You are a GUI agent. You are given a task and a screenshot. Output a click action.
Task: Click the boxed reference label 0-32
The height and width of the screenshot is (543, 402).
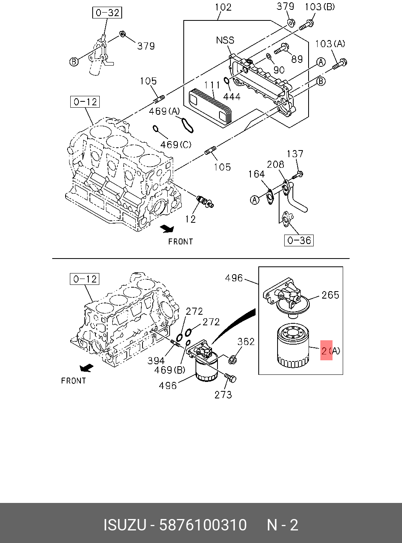point(107,13)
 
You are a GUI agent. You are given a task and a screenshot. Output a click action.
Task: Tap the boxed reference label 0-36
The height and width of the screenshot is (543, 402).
point(299,240)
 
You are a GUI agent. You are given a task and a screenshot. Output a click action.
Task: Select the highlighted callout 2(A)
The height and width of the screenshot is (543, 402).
point(331,351)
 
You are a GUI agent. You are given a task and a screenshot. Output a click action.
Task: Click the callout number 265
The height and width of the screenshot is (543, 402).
point(330,295)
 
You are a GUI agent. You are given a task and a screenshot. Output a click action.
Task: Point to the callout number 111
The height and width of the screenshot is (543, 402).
point(212,85)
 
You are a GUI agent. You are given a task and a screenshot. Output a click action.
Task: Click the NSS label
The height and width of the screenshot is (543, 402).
point(225,40)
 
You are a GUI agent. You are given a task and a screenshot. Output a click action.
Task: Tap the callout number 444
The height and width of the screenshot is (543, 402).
point(232,97)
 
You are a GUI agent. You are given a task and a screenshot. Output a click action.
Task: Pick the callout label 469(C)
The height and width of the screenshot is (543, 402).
point(175,145)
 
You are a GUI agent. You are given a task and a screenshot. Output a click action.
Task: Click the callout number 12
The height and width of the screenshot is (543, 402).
point(190,219)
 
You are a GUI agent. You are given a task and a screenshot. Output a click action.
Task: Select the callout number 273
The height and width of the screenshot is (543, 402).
point(223,394)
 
